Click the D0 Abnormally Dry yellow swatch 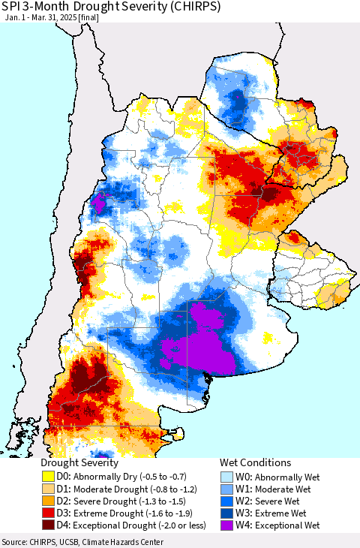tap(49, 476)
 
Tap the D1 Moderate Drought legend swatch tap(49, 488)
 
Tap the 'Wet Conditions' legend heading tap(255, 463)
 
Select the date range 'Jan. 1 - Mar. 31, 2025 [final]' tap(55, 17)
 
